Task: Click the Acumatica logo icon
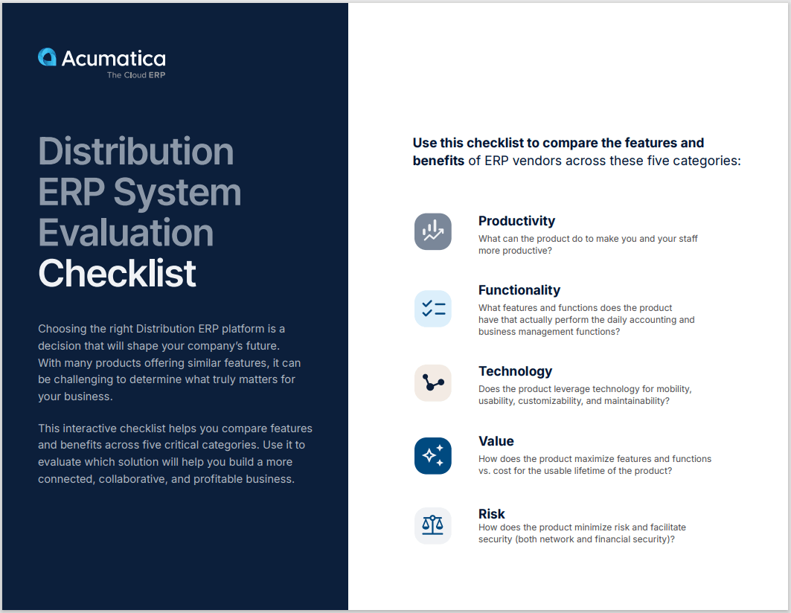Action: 47,57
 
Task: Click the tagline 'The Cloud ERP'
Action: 136,75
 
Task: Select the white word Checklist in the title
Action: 118,273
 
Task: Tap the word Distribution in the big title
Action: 136,151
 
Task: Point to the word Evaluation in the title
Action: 126,232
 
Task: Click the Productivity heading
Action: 516,221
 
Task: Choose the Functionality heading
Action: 519,290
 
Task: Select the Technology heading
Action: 515,371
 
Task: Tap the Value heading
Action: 496,441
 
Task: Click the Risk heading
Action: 491,514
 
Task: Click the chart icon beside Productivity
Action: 432,231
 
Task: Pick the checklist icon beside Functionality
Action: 432,309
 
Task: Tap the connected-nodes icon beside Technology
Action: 432,383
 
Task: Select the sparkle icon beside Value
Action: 432,456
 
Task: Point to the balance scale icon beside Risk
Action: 432,526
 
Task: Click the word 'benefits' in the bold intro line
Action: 438,160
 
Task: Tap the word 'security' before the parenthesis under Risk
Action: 496,539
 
